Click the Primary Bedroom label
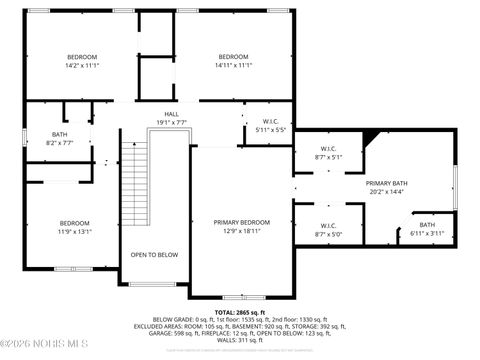241,222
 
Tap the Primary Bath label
385,184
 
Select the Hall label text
172,114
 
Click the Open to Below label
154,255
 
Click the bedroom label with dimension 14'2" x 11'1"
82,57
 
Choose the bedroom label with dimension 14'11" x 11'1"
232,57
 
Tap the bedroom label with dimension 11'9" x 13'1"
75,223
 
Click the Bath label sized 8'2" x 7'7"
61,134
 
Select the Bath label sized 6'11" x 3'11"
426,225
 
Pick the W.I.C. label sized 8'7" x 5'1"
327,150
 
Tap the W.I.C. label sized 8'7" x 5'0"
327,226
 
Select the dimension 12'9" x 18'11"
241,230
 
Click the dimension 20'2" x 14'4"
385,192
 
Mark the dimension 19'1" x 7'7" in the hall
172,122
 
